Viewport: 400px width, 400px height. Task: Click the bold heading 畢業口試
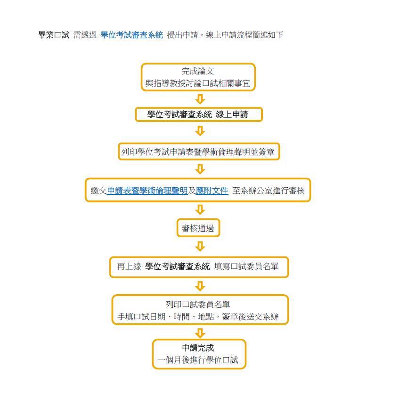coord(54,35)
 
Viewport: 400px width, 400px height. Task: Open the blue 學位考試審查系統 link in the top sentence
coord(131,35)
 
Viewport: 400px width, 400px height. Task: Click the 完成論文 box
coord(198,77)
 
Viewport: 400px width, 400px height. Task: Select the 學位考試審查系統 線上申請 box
coord(199,114)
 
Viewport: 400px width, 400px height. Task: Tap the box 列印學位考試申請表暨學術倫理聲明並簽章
coord(199,152)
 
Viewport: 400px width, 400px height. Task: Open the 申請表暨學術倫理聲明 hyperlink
coord(147,191)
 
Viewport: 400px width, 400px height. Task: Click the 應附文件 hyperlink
coord(212,191)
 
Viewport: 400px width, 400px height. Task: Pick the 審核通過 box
coord(198,228)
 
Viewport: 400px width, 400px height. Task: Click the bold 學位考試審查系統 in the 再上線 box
coord(178,266)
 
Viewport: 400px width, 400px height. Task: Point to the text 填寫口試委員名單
coord(246,266)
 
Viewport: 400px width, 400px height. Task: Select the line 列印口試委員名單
coord(198,304)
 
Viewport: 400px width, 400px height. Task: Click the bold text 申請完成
coord(198,348)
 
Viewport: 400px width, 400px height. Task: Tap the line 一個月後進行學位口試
coord(198,360)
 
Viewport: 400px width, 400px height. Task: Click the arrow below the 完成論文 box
coord(200,99)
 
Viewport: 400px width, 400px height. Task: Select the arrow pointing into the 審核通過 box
coord(200,210)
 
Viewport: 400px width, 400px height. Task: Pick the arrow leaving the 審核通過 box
coord(200,247)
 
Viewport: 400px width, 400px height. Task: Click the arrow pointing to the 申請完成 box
coord(200,333)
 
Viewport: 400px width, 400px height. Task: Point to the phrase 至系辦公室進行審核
coord(269,191)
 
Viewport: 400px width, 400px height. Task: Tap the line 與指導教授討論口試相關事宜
coord(198,83)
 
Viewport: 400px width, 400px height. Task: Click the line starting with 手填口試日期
coord(198,317)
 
